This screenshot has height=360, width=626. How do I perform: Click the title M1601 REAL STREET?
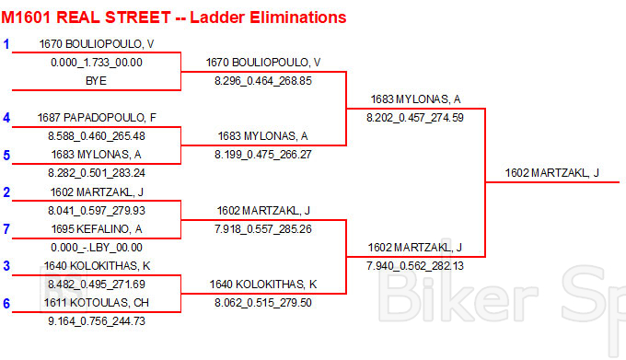86,17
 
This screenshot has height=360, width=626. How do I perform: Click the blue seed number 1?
6,44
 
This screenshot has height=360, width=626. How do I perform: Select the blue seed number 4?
6,118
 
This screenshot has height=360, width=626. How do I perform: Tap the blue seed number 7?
6,229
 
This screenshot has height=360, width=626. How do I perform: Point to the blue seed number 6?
6,303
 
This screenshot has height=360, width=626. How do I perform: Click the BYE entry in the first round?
96,81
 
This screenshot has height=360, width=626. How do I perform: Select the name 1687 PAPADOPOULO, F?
97,118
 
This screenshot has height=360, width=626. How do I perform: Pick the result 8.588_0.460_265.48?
97,136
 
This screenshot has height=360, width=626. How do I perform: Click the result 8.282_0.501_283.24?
97,173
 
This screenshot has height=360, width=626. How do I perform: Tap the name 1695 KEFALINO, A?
97,229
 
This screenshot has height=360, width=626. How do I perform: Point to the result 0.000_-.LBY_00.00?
97,248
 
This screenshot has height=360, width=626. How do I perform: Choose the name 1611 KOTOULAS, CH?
97,303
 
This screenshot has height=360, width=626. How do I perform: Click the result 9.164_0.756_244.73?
97,321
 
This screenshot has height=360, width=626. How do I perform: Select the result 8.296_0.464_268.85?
263,81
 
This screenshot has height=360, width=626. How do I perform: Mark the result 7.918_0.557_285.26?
263,229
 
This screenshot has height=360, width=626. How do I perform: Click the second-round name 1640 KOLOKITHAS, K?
263,285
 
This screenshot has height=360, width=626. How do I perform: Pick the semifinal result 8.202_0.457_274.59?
415,118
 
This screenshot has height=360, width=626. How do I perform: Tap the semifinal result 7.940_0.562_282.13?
415,266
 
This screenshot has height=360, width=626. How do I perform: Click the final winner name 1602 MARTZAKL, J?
552,173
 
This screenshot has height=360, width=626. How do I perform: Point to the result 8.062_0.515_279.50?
263,303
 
